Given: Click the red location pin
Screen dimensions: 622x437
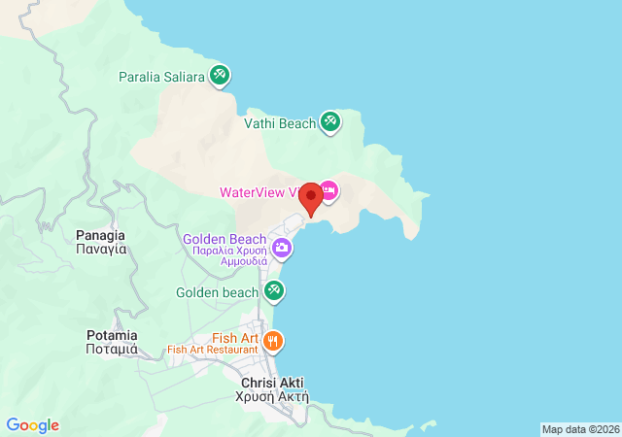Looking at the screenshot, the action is click(310, 198).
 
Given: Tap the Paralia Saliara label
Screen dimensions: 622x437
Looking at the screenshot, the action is click(161, 76).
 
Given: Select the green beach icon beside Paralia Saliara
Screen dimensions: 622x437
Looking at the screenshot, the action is click(221, 75).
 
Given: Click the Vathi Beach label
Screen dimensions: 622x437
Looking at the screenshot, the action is click(281, 123).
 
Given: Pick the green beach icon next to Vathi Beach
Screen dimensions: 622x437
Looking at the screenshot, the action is click(330, 121).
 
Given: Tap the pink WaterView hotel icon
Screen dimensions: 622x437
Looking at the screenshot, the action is click(328, 190).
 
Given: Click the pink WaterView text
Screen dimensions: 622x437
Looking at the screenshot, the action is click(257, 191).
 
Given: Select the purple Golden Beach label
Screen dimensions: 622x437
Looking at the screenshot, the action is click(225, 239).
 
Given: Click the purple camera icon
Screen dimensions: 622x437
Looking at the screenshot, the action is click(282, 248).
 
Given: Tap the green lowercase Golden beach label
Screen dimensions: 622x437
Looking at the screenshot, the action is click(217, 291).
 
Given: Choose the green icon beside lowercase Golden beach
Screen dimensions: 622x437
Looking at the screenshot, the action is click(274, 290).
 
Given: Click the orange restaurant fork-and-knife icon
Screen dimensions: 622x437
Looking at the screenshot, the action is click(274, 341).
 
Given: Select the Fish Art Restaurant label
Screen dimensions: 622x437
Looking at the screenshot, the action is click(212, 350).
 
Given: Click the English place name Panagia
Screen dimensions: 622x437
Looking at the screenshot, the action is click(100, 235).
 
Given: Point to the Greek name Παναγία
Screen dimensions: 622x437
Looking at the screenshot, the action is click(101, 249).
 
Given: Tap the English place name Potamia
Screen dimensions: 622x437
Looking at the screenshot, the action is click(111, 335).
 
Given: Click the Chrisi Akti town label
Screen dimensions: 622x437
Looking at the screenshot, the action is click(272, 383).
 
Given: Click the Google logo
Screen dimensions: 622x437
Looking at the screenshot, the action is click(32, 425).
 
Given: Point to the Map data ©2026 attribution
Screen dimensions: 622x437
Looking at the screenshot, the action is click(579, 429).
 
